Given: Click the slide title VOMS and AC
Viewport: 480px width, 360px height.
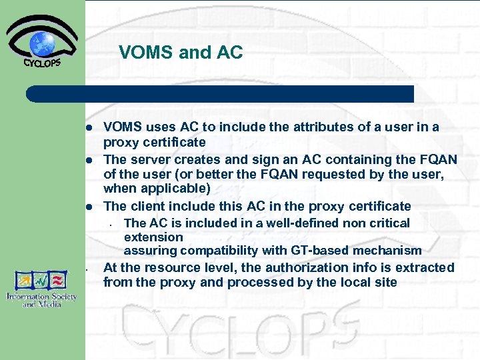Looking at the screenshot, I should [181, 53].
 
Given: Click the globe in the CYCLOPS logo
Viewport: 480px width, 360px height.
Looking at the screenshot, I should [42, 45].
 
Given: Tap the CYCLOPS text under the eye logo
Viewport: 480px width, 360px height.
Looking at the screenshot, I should [42, 64].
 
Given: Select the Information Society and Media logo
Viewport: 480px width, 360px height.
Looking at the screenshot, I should [41, 288].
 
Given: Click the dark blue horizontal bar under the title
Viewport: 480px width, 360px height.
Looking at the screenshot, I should [220, 94].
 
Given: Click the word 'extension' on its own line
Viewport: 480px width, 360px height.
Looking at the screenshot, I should [153, 237].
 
